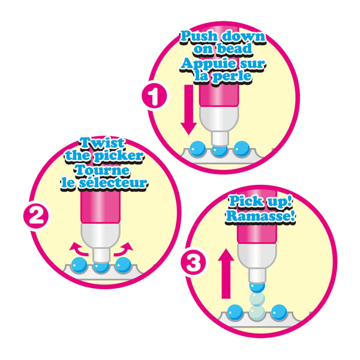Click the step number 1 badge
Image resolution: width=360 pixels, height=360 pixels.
pos(154,97)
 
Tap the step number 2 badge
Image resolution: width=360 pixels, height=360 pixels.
pos(36,216)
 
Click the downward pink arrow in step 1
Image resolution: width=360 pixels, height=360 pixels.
pos(189,110)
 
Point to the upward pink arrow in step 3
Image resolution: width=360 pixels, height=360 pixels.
pos(226,274)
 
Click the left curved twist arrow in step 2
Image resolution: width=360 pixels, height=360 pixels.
pos(79,250)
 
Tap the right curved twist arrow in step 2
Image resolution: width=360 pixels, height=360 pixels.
pos(124,249)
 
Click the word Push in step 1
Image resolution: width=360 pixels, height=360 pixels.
pos(199,36)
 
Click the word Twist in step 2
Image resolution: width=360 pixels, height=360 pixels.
pos(102,143)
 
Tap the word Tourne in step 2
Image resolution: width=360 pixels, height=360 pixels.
pos(102,170)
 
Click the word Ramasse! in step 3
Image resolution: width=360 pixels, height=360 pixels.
pos(260,216)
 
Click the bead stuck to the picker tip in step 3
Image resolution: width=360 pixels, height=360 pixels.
pos(257,287)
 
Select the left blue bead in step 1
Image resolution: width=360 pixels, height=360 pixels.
pos(198,149)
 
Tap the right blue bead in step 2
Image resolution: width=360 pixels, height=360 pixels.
pos(123,265)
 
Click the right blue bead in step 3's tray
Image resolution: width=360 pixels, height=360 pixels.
pos(279,312)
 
